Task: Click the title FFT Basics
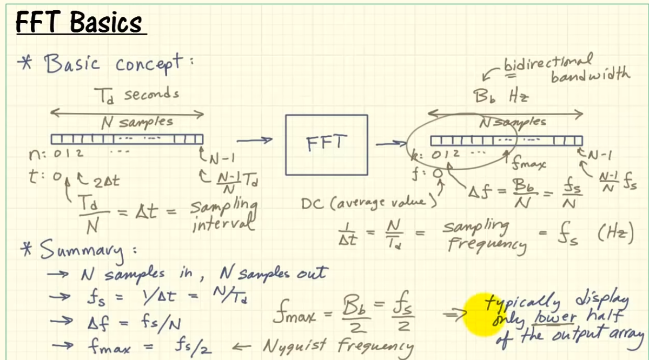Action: pyautogui.click(x=80, y=23)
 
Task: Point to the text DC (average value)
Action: pyautogui.click(x=368, y=203)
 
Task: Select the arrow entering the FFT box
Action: pyautogui.click(x=255, y=141)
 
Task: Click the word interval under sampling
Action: pyautogui.click(x=223, y=223)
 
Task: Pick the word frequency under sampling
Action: pyautogui.click(x=487, y=246)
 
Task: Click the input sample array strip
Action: pyautogui.click(x=127, y=139)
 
